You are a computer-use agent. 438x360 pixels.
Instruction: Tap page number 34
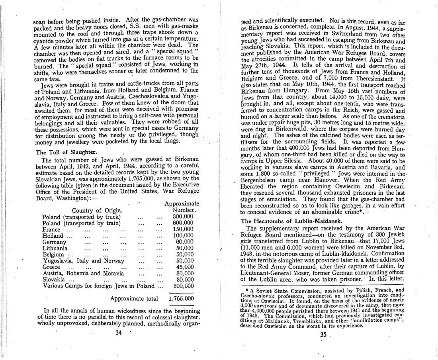click(118, 333)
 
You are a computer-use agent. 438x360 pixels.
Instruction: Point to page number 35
click(323, 335)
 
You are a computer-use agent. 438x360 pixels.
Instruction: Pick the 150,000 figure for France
click(183, 229)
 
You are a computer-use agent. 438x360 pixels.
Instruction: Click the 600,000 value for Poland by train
click(183, 223)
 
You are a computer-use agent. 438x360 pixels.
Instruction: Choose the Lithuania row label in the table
click(55, 248)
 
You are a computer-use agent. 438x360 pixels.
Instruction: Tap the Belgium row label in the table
click(53, 254)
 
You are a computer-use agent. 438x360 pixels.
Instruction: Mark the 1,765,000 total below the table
click(182, 298)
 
